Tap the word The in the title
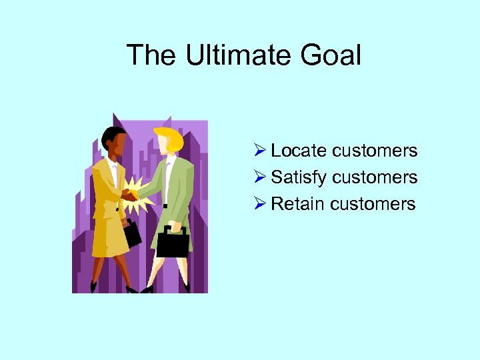tap(152, 55)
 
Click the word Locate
tap(299, 151)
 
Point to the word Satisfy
tap(299, 177)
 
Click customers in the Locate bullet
tap(375, 151)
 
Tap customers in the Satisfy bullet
tap(375, 177)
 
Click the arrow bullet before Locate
tap(261, 151)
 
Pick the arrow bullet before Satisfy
tap(261, 177)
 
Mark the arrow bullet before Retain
tap(261, 203)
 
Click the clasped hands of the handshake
tap(129, 195)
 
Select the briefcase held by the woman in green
tap(173, 244)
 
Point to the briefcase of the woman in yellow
tap(131, 233)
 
